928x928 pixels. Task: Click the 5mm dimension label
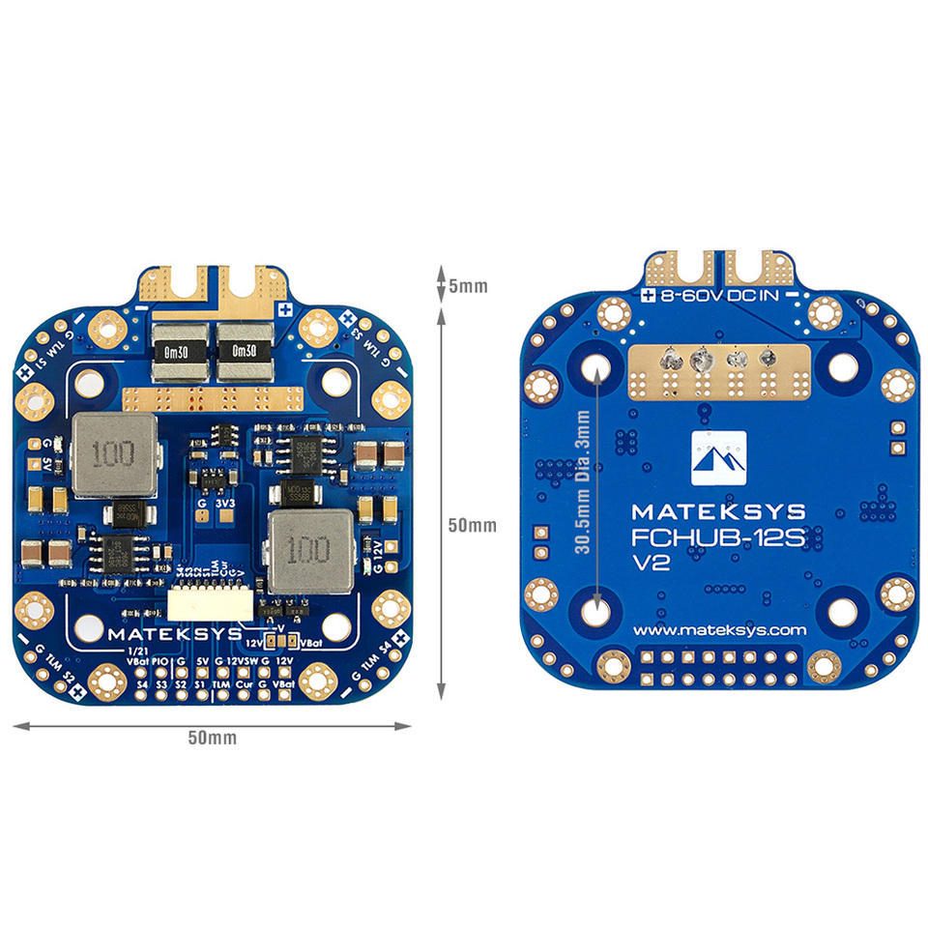click(x=468, y=286)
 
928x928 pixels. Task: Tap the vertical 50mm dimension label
click(x=473, y=525)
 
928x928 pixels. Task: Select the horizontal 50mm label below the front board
click(x=212, y=738)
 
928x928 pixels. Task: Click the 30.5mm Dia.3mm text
click(x=581, y=482)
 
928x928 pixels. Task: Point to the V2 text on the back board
click(x=650, y=565)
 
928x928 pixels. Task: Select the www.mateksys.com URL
click(x=719, y=629)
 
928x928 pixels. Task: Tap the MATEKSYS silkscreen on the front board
click(x=169, y=635)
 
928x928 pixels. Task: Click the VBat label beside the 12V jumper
click(x=311, y=641)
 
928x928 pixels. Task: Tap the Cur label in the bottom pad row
click(x=244, y=683)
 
